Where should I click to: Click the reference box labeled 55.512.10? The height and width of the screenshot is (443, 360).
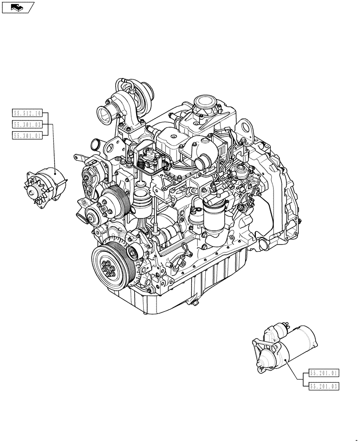pyautogui.click(x=27, y=114)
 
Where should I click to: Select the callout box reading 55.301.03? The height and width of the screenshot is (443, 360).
pyautogui.click(x=27, y=125)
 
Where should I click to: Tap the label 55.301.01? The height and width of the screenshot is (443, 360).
pyautogui.click(x=27, y=136)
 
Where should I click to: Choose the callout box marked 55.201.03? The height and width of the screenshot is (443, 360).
pyautogui.click(x=323, y=386)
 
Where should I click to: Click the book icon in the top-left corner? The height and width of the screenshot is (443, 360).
pyautogui.click(x=18, y=7)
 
